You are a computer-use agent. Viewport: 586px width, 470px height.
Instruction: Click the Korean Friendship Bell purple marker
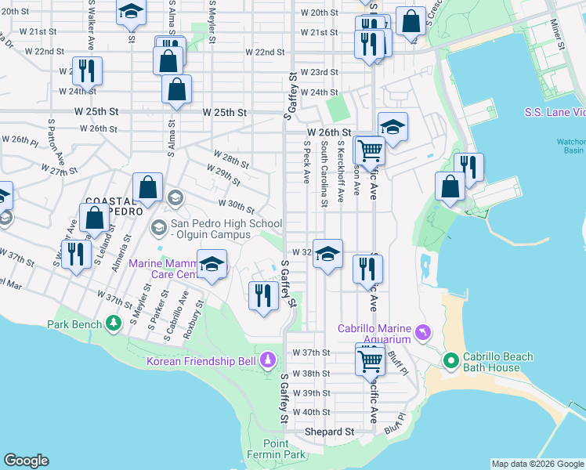point(268,360)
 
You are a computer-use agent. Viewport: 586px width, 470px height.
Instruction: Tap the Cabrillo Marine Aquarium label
point(374,333)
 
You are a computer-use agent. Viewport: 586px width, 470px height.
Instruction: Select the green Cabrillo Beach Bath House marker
point(450,361)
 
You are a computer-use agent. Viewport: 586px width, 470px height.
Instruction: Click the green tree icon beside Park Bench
point(114,323)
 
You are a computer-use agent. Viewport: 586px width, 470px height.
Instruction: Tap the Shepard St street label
point(328,432)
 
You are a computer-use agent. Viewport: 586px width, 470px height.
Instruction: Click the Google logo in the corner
point(26,461)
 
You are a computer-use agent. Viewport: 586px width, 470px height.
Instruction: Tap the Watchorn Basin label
point(570,146)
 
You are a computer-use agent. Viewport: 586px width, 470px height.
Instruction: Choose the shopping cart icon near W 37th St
point(371,360)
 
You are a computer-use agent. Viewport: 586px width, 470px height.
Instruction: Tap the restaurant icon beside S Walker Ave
point(75,254)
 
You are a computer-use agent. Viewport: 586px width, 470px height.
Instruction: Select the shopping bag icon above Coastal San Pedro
point(147,188)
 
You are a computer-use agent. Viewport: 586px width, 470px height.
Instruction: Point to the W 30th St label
point(237,207)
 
